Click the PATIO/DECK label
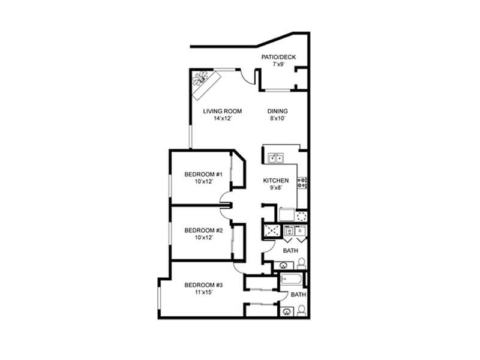[278, 57]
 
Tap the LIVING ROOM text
[222, 111]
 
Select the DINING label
[278, 111]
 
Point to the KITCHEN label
[277, 181]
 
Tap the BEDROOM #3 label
[200, 284]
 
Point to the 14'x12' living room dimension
[222, 119]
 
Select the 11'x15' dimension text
[200, 292]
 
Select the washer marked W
[289, 230]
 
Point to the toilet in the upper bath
[302, 263]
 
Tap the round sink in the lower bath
[287, 311]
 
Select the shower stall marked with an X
[271, 231]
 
